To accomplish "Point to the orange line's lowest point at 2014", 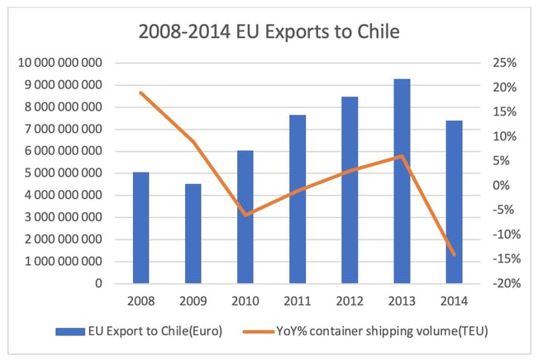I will click(x=454, y=254).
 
